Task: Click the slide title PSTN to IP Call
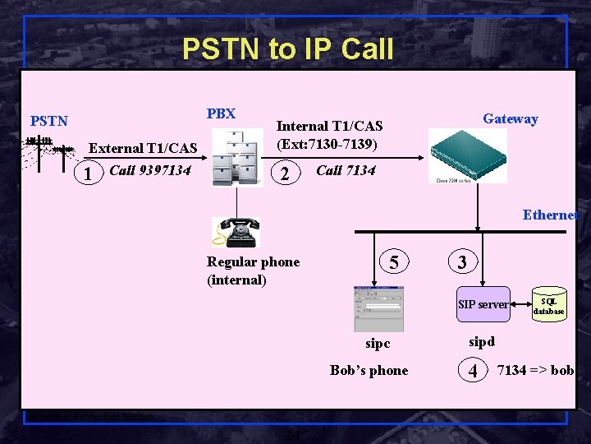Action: click(x=287, y=49)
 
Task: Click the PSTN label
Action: click(x=49, y=121)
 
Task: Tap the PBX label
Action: click(x=221, y=113)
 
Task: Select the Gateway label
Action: click(x=510, y=118)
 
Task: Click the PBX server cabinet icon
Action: click(x=237, y=157)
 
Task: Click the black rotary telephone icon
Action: click(x=236, y=232)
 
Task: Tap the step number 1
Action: click(x=87, y=173)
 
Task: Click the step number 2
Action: click(x=284, y=174)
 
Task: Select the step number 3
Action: click(x=462, y=262)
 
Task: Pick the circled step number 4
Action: click(x=472, y=371)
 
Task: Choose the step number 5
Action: click(x=394, y=262)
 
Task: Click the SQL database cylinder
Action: click(x=548, y=306)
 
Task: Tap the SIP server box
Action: click(x=483, y=304)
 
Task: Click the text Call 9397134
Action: click(x=149, y=170)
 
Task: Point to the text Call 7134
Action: click(x=346, y=170)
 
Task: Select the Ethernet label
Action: click(x=550, y=215)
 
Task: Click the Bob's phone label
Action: click(x=369, y=370)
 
